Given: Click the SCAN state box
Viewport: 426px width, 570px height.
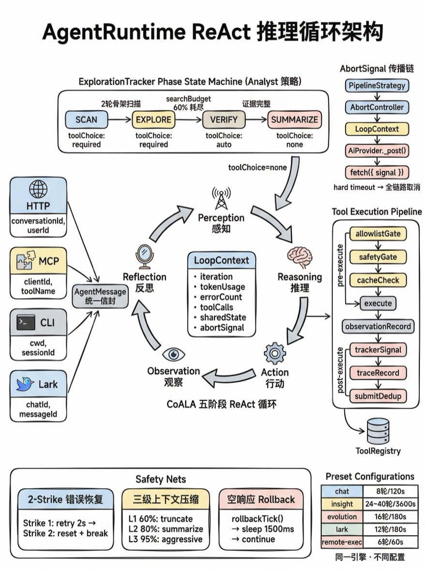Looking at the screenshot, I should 86,120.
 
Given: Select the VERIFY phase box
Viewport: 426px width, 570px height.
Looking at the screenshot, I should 224,120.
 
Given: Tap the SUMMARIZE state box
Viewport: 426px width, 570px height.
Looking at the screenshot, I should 294,120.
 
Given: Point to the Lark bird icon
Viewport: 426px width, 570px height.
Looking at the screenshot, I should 25,384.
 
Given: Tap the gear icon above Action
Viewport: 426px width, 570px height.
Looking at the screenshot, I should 274,353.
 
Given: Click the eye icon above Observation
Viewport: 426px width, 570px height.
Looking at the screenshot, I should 173,354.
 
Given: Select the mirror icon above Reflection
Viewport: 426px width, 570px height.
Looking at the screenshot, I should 144,255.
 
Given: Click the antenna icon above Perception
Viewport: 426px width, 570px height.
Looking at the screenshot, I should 221,198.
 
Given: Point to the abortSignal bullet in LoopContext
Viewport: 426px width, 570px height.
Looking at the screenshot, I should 223,328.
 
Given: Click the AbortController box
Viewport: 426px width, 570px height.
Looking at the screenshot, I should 377,107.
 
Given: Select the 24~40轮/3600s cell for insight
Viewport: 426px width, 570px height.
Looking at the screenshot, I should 390,504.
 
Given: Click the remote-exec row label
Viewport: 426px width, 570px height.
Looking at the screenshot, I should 342,542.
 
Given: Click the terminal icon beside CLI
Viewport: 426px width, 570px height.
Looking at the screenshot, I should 25,323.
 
